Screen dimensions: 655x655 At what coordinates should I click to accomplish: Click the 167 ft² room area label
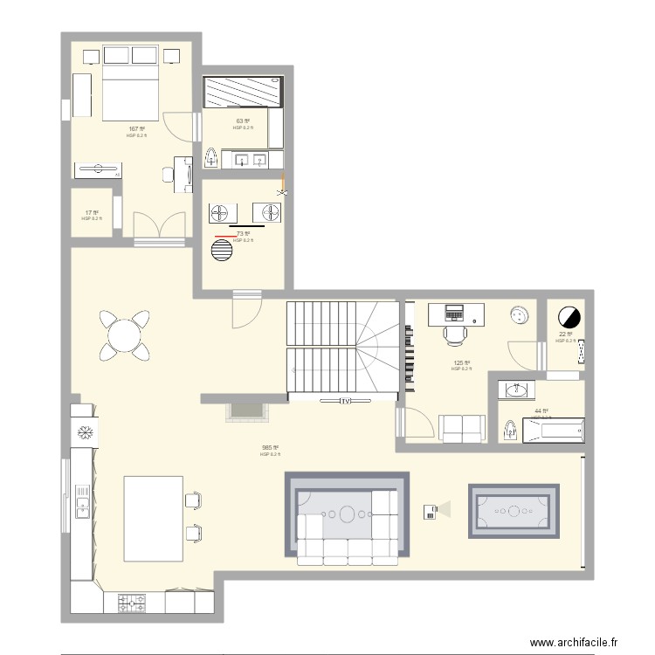pyautogui.click(x=136, y=129)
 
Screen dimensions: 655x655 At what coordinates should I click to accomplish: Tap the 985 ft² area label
pyautogui.click(x=270, y=448)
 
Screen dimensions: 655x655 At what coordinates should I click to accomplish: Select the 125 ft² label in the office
pyautogui.click(x=461, y=362)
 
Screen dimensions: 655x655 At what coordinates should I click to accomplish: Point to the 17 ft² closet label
pyautogui.click(x=92, y=212)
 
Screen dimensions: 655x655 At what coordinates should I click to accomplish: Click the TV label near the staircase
pyautogui.click(x=346, y=402)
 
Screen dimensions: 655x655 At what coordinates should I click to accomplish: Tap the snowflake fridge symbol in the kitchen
pyautogui.click(x=86, y=432)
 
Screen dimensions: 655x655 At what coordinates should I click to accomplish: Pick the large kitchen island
pyautogui.click(x=153, y=518)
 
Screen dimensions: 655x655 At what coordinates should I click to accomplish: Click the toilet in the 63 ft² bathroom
pyautogui.click(x=212, y=158)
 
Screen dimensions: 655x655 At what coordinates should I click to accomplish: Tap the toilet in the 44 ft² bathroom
pyautogui.click(x=510, y=429)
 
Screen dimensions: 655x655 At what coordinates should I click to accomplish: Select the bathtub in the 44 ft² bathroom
pyautogui.click(x=553, y=430)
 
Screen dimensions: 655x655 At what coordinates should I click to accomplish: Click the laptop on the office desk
pyautogui.click(x=455, y=312)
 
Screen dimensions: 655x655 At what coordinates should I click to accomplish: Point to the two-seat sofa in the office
pyautogui.click(x=462, y=428)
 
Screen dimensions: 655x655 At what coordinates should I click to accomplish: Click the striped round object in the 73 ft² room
pyautogui.click(x=223, y=250)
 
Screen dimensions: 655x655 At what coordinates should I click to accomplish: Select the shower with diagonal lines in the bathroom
pyautogui.click(x=244, y=93)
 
